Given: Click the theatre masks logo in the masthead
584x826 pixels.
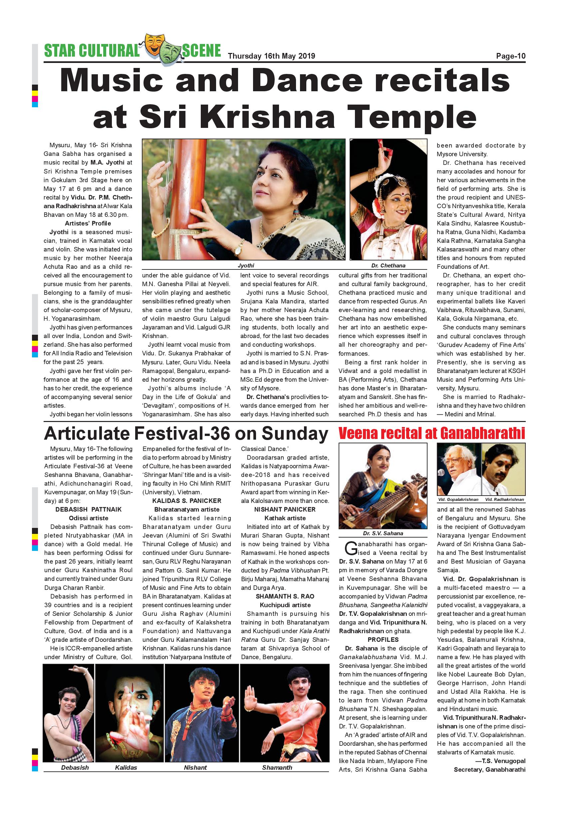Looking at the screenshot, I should pos(160,49).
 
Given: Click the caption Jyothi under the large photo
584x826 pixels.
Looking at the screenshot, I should pos(246,265).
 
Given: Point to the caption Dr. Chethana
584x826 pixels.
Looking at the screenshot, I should pos(388,265).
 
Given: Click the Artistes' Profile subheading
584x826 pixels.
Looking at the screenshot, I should pos(88,223).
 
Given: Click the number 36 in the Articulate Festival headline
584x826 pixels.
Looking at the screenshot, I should pos(219,434).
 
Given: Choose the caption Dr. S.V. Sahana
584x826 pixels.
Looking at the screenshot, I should pos(383,533).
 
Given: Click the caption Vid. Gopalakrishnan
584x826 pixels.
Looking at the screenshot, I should pos(458,500).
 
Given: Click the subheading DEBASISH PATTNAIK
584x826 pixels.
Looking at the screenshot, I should pos(89,509).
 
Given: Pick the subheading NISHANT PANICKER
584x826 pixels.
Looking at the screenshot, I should pos(285,509).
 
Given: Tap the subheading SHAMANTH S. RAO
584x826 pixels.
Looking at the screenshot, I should pos(285,596).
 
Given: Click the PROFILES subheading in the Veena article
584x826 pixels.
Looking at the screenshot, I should pos(383,639).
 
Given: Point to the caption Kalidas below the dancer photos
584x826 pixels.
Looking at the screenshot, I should pos(126,767).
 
